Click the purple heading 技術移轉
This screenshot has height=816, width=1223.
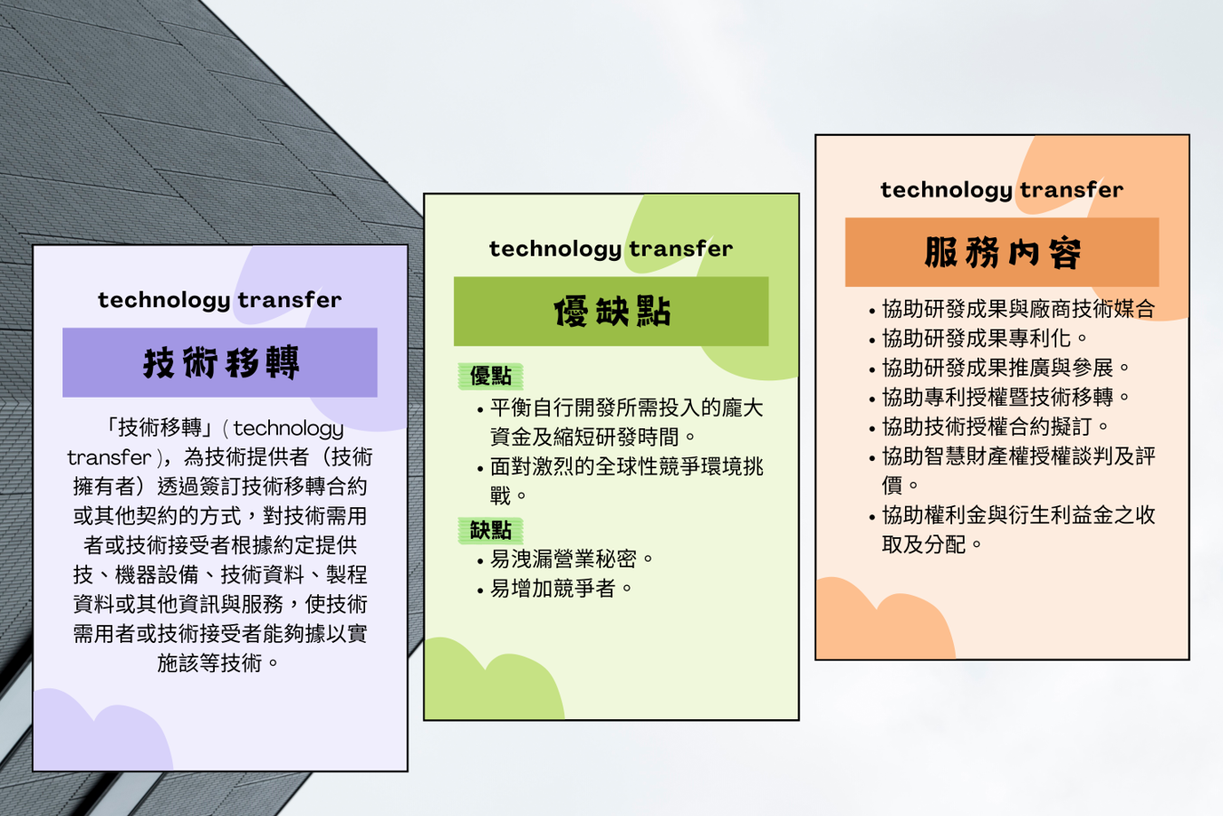click(x=220, y=362)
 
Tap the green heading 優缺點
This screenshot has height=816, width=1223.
click(x=611, y=312)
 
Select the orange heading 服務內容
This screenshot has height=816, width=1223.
click(x=1003, y=253)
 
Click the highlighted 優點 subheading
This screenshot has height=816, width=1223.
click(x=490, y=376)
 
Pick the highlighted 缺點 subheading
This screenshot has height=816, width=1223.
click(x=490, y=530)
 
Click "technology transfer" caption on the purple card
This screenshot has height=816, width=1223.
click(x=219, y=300)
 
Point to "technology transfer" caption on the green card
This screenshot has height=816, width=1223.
click(x=611, y=249)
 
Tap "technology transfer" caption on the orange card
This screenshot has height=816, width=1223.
click(x=1002, y=190)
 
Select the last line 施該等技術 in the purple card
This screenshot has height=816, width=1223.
click(x=217, y=663)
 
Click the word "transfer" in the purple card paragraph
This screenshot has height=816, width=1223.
click(x=110, y=457)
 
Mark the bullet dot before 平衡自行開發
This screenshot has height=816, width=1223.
click(x=480, y=409)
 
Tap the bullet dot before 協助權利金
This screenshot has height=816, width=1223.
click(x=872, y=517)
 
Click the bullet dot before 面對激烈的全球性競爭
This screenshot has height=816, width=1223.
click(x=480, y=468)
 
